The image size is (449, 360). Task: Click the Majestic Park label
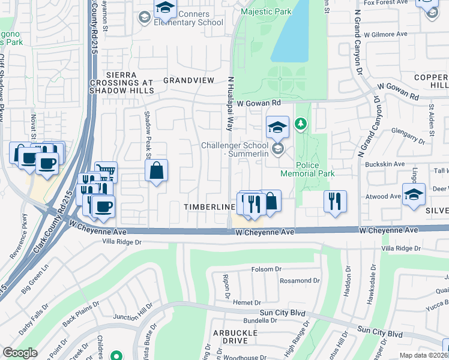click(265, 12)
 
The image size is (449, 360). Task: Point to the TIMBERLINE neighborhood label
click(208, 206)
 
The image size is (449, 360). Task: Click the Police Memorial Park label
click(307, 169)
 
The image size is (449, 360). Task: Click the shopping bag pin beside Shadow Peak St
click(157, 171)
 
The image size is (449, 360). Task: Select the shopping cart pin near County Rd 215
click(106, 173)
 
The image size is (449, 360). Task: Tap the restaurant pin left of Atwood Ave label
click(335, 200)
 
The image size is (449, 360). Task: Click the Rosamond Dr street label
click(291, 280)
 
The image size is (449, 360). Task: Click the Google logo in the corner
click(20, 353)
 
